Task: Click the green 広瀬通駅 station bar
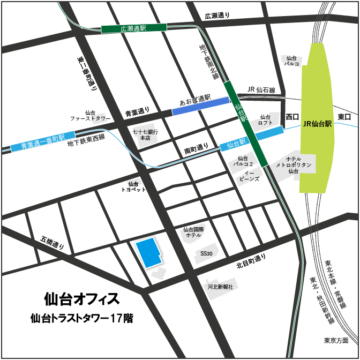pos(134,28)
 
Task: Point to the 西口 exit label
pos(292,116)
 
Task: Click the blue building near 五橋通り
pos(147,253)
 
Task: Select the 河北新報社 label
pos(221,287)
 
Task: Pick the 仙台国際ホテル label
pos(192,232)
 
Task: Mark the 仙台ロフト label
pos(266,119)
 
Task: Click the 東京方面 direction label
pos(336,340)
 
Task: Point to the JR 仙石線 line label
pos(261,89)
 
